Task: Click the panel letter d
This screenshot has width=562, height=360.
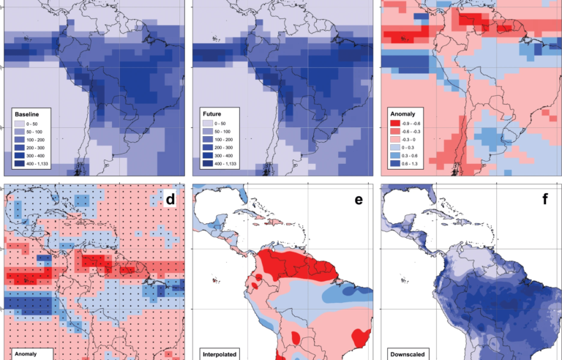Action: [x=171, y=198]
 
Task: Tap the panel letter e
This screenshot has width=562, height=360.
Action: [x=359, y=198]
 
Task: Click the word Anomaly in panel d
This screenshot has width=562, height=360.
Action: [x=27, y=355]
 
